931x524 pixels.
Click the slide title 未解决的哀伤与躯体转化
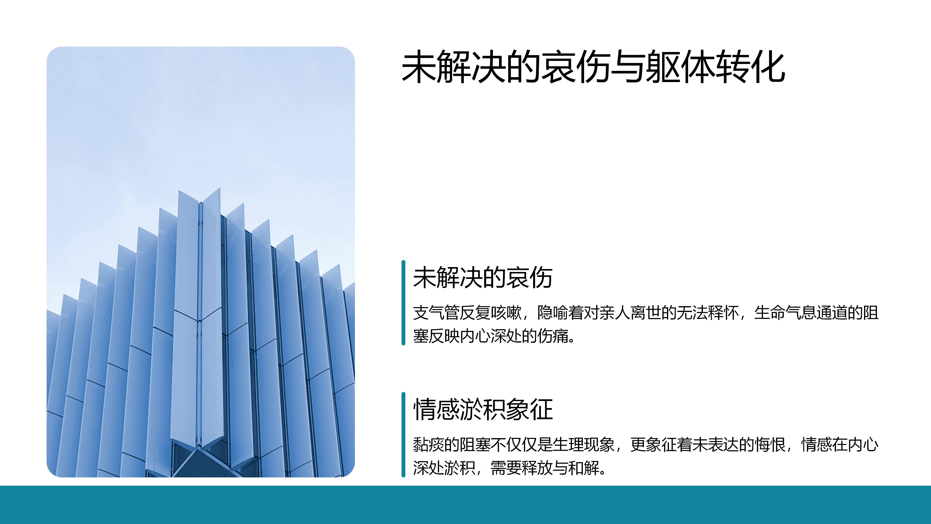click(593, 67)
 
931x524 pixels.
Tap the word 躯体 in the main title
click(680, 67)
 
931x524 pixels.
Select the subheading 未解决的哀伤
click(483, 278)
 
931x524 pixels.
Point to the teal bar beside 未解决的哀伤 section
click(403, 303)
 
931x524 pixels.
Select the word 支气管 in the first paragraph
click(436, 313)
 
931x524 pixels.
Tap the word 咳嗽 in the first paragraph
click(506, 313)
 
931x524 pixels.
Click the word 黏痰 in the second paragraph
click(429, 444)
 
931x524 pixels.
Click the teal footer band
click(465, 505)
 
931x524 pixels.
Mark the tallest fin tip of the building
click(219, 188)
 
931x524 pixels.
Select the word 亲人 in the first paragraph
click(615, 313)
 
